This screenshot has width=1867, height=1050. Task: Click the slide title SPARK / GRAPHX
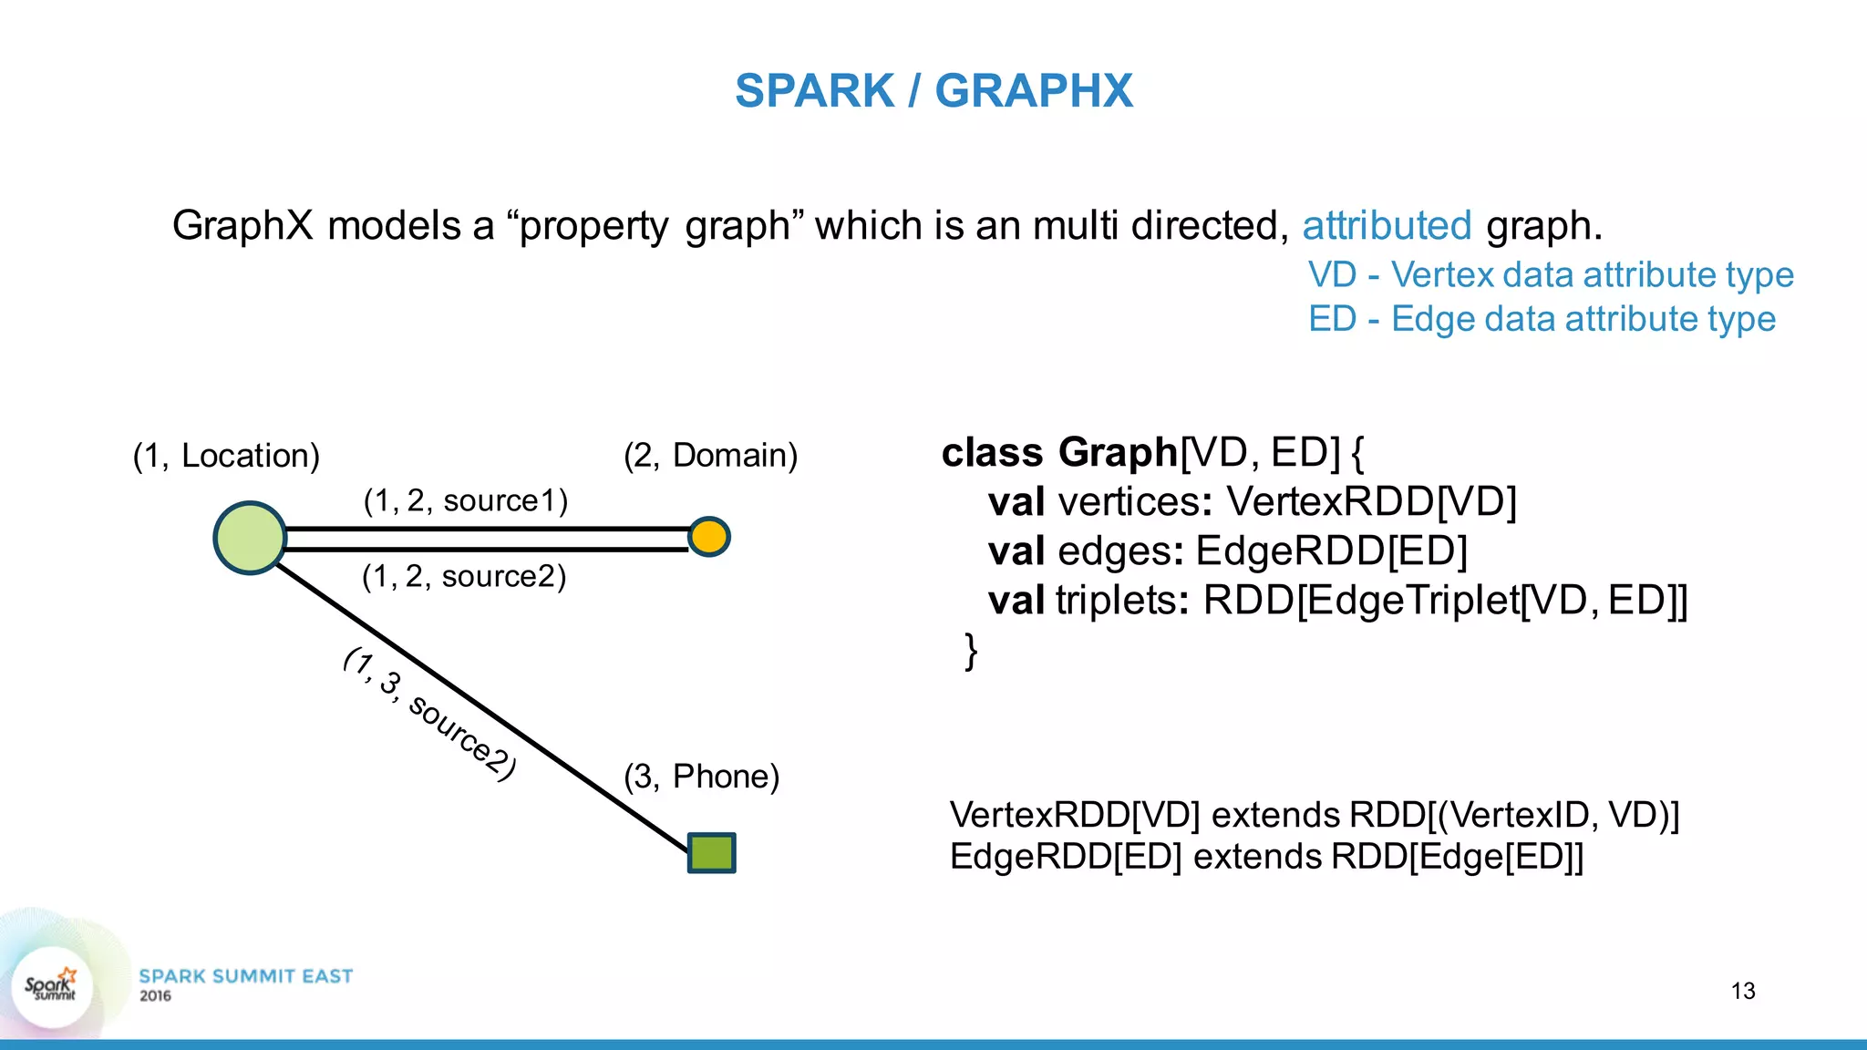pos(933,91)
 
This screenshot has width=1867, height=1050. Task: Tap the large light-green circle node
pos(250,538)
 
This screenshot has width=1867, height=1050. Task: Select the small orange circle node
pos(708,536)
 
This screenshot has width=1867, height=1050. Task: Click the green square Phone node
pos(711,853)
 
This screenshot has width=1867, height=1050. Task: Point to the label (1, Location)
pos(226,456)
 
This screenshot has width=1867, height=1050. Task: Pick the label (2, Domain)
pos(710,455)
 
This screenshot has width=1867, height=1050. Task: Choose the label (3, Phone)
pos(701,777)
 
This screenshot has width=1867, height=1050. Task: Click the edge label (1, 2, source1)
pos(465,500)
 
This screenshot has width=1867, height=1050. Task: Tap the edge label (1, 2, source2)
pos(464,576)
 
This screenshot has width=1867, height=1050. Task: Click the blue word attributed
pos(1387,225)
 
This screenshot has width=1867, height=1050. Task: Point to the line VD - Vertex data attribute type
pos(1550,274)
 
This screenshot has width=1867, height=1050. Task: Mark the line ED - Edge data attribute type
pos(1542,319)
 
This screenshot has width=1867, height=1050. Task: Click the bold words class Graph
pos(1059,452)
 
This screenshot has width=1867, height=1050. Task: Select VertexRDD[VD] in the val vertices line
pos(1371,501)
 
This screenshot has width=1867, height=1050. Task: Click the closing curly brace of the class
pos(971,651)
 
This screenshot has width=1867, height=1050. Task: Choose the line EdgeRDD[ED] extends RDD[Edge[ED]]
pos(1266,857)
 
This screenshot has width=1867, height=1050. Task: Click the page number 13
pos(1742,991)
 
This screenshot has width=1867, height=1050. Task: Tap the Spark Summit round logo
pos(52,987)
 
